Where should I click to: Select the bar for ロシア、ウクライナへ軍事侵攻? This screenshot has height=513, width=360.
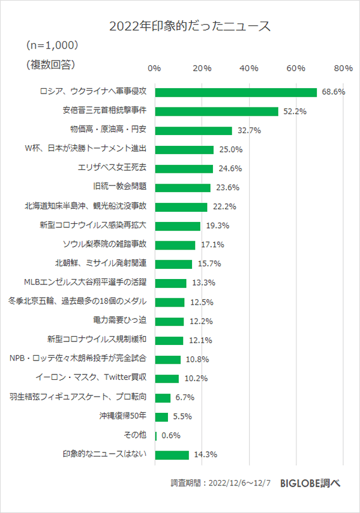click(x=236, y=92)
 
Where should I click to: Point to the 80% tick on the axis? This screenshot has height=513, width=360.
click(x=343, y=68)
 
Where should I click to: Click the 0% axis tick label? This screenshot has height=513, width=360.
click(x=154, y=68)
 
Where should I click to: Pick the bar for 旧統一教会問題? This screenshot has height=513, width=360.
click(x=183, y=188)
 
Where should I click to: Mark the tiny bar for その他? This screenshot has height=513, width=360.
click(x=156, y=436)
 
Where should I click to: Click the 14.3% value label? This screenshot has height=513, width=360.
click(x=205, y=455)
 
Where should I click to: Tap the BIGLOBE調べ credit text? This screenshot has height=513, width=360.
click(x=310, y=483)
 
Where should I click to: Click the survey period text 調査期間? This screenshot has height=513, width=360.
click(x=221, y=483)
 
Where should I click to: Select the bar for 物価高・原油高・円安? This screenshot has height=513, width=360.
click(x=193, y=131)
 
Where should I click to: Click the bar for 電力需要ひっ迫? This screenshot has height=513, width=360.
click(x=169, y=321)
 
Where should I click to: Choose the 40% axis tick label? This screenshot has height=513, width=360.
click(x=248, y=68)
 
